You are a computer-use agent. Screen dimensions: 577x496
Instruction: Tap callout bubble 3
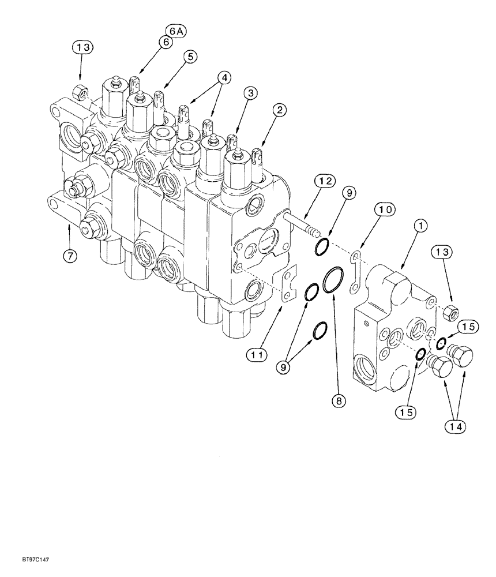(250, 92)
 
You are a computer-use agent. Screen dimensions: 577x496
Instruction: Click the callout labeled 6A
(175, 32)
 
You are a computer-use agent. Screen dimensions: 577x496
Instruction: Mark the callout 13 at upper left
(82, 47)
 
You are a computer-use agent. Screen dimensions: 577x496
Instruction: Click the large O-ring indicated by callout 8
(333, 281)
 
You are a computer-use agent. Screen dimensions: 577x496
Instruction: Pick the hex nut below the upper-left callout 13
(80, 89)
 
